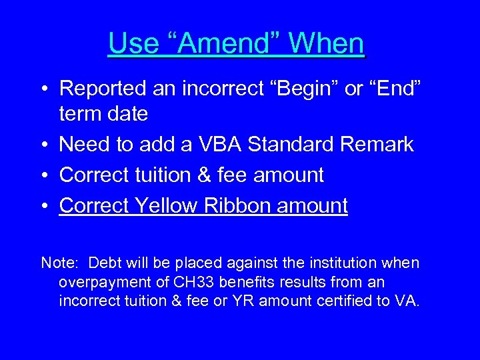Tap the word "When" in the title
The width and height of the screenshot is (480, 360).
(x=326, y=44)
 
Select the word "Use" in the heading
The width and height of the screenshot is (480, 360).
(x=131, y=44)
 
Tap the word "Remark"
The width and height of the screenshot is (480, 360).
(x=380, y=145)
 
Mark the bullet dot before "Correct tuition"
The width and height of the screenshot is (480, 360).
(x=44, y=175)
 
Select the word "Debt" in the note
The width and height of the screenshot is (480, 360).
(x=103, y=263)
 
